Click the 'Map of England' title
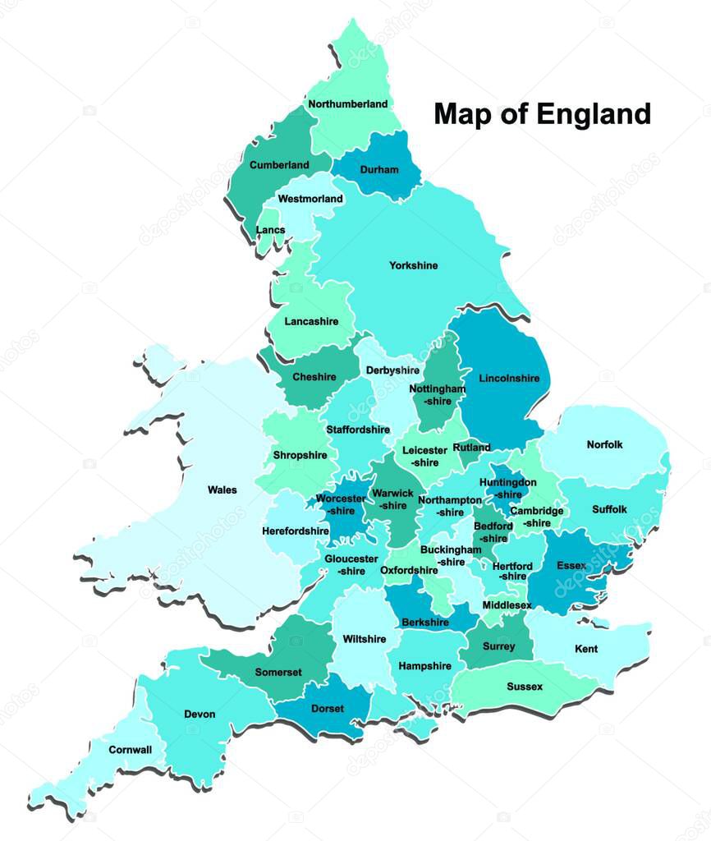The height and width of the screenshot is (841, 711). tap(542, 113)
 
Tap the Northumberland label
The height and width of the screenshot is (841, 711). tap(347, 104)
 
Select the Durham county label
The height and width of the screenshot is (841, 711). tap(378, 170)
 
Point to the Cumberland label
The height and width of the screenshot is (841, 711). tap(279, 165)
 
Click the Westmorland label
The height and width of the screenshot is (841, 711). tap(310, 199)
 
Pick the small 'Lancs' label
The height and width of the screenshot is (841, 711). tap(271, 230)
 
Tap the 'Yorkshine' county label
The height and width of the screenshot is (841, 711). tap(413, 265)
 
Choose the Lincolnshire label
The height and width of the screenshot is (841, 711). tap(508, 379)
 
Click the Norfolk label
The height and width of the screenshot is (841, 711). tap(604, 444)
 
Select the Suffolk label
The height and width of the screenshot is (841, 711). tap(609, 509)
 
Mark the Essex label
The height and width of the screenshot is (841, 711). tap(571, 566)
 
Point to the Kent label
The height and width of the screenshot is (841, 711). tap(586, 649)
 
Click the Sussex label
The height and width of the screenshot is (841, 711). tap(525, 687)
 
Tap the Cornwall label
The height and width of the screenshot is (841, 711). tap(131, 750)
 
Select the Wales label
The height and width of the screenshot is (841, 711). tap(222, 490)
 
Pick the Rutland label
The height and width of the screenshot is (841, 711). tap(471, 448)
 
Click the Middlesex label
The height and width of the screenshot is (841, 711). tap(507, 605)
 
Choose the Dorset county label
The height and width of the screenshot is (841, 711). tap(328, 709)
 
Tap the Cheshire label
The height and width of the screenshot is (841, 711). tap(314, 377)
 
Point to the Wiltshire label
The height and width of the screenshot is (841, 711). tap(364, 639)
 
